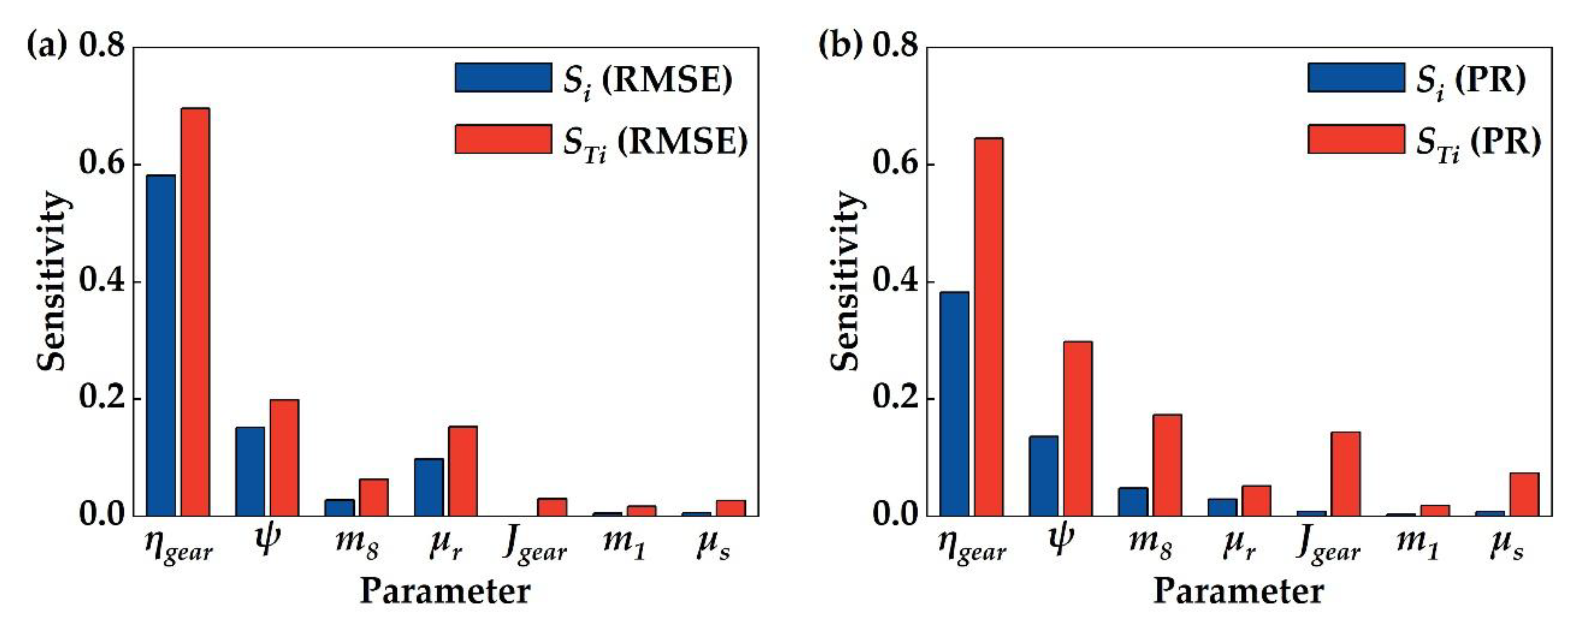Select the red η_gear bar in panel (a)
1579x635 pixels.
tap(195, 311)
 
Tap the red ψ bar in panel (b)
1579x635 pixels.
tap(1078, 428)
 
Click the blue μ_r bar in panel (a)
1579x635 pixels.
tap(429, 487)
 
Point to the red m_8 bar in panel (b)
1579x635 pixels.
tap(1167, 465)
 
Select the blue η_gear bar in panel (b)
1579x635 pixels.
tap(954, 403)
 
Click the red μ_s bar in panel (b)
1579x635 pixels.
tap(1524, 493)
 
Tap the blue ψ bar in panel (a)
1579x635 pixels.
tap(250, 471)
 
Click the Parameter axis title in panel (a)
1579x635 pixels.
tap(445, 592)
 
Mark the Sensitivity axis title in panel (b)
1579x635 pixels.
tap(846, 281)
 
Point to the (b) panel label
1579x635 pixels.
tap(840, 45)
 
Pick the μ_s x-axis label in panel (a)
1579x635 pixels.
tap(713, 544)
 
